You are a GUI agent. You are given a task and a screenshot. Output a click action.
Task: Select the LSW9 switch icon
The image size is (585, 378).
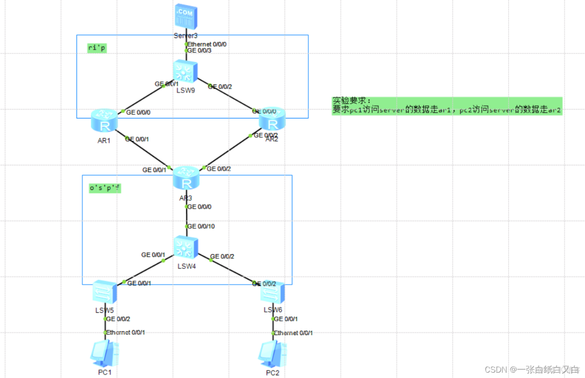185,72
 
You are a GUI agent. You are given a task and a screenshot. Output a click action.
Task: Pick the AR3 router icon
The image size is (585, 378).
186,178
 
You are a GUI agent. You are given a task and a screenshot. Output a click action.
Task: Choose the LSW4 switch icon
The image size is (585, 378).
186,248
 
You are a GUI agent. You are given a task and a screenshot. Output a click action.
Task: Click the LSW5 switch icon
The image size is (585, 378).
105,292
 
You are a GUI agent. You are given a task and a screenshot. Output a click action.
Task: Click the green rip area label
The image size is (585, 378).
97,48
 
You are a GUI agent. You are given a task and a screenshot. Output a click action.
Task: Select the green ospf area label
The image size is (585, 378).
104,189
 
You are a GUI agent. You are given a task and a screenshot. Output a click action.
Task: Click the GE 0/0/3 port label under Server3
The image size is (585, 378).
200,50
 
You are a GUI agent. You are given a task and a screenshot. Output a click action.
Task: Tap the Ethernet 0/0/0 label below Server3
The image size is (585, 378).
207,44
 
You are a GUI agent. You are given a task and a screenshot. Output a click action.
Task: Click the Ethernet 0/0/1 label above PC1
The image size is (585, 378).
125,332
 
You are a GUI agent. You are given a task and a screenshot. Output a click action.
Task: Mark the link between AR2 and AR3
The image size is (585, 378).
228,151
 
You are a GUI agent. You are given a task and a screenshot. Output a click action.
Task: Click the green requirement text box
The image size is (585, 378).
447,106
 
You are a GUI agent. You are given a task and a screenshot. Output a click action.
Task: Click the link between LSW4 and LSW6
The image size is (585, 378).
232,271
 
